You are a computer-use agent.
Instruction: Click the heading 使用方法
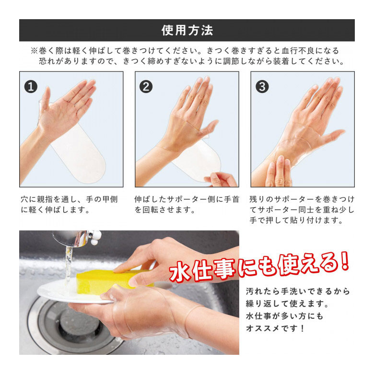187,30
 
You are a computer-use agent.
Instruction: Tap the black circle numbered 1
31,86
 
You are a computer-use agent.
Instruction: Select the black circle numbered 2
146,86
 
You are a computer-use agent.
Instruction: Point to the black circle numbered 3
262,86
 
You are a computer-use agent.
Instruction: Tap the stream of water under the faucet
69,265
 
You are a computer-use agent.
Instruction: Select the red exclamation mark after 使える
345,262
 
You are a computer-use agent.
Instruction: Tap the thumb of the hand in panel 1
46,100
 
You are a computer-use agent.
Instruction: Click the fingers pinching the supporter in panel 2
221,179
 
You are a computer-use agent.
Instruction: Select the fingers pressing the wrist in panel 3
279,171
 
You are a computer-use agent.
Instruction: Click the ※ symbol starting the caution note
35,51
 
